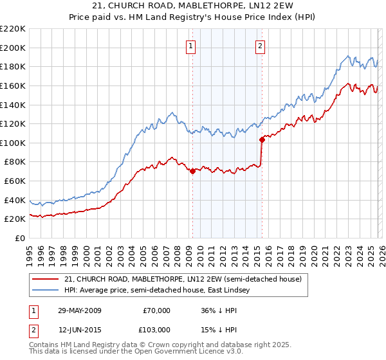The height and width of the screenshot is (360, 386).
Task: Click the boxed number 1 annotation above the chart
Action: tap(192, 46)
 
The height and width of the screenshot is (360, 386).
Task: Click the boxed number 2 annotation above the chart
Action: tap(261, 46)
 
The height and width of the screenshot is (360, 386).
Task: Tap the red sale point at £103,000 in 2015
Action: tap(261, 139)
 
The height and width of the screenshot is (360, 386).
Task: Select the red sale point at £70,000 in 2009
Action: tap(192, 171)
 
